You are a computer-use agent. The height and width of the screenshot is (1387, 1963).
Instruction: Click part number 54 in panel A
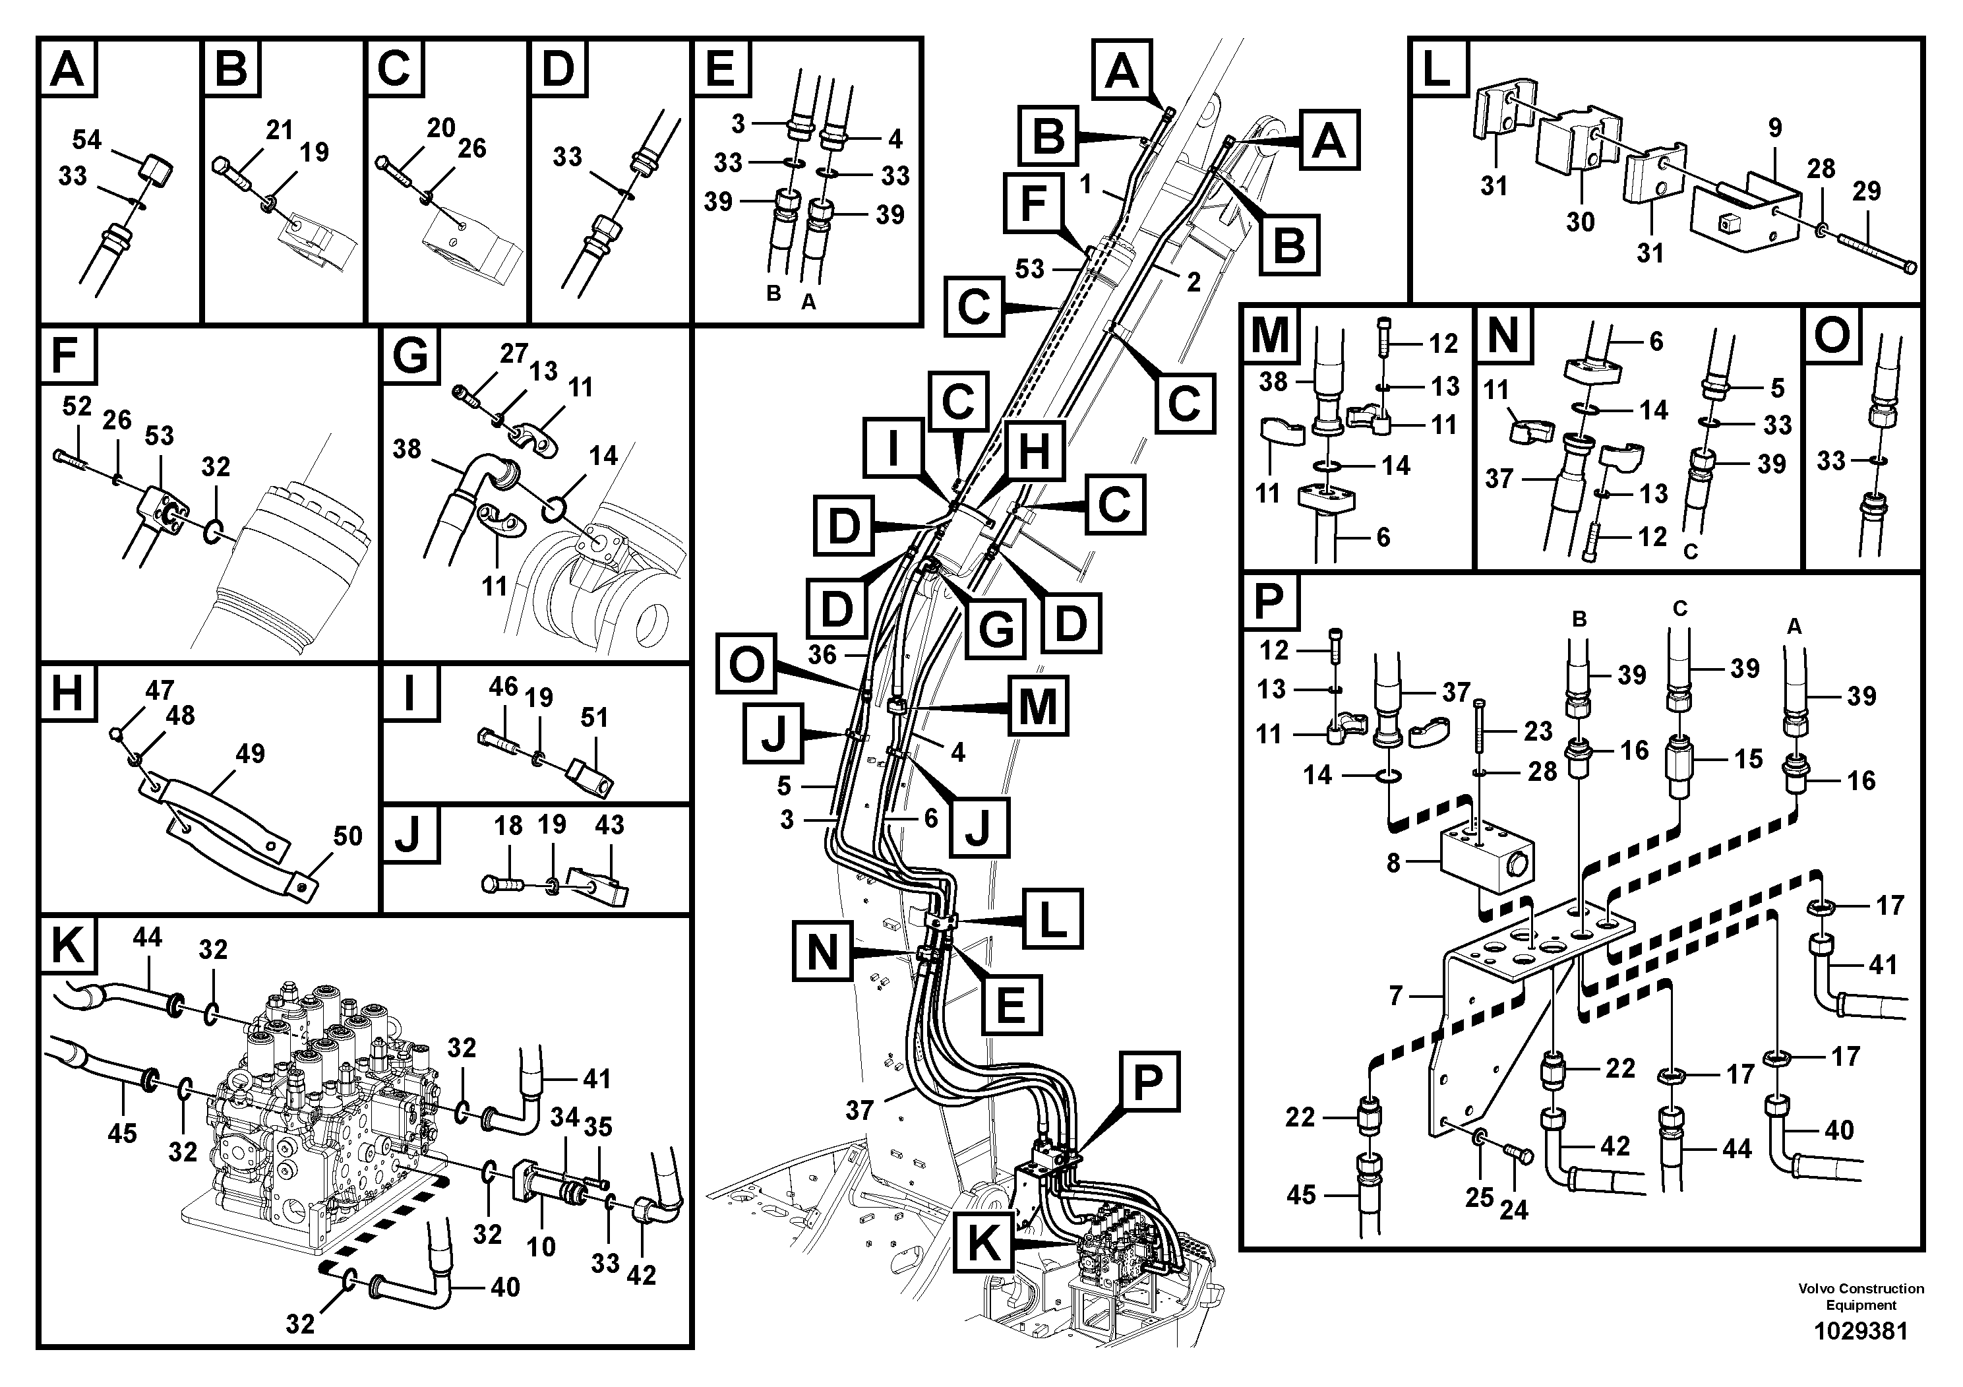[x=86, y=139]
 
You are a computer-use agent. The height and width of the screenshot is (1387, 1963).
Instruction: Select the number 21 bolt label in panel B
[x=279, y=130]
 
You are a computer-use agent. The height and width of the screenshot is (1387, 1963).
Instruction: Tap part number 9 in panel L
[x=1775, y=128]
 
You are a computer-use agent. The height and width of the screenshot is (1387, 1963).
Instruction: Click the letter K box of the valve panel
[x=67, y=946]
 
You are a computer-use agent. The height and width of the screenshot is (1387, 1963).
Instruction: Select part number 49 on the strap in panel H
[x=250, y=753]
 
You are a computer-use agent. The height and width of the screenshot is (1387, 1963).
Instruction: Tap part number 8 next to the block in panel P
[x=1393, y=863]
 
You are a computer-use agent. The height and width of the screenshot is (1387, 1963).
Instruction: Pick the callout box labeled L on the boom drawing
[x=1053, y=918]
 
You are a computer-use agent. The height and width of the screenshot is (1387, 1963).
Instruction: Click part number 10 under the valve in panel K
[x=540, y=1247]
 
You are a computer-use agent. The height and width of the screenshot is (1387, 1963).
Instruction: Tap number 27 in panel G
[x=513, y=353]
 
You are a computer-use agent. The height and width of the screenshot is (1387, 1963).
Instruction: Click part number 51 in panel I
[x=593, y=717]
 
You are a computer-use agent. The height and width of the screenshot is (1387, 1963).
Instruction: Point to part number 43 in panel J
[x=609, y=825]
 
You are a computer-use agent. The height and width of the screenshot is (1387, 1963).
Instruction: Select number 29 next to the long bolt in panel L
[x=1866, y=190]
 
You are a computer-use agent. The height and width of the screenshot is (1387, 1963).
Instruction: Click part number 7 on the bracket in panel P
[x=1395, y=995]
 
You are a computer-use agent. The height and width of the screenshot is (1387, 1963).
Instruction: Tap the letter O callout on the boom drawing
[x=746, y=663]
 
